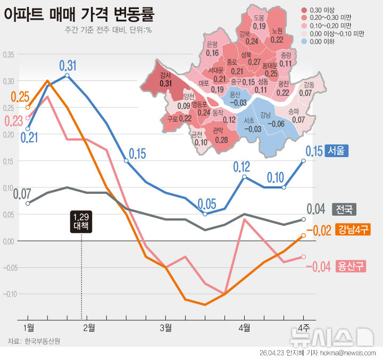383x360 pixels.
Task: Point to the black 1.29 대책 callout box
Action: (x=81, y=221)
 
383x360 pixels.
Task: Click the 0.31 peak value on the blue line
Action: (x=68, y=66)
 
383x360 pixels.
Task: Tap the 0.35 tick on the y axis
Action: (x=10, y=54)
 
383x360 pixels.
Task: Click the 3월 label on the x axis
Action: (x=165, y=326)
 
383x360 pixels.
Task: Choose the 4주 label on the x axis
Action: (x=304, y=326)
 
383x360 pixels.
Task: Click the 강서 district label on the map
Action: (x=165, y=76)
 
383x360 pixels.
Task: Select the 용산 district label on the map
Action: (x=235, y=95)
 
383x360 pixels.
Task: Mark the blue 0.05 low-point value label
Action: (x=207, y=204)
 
